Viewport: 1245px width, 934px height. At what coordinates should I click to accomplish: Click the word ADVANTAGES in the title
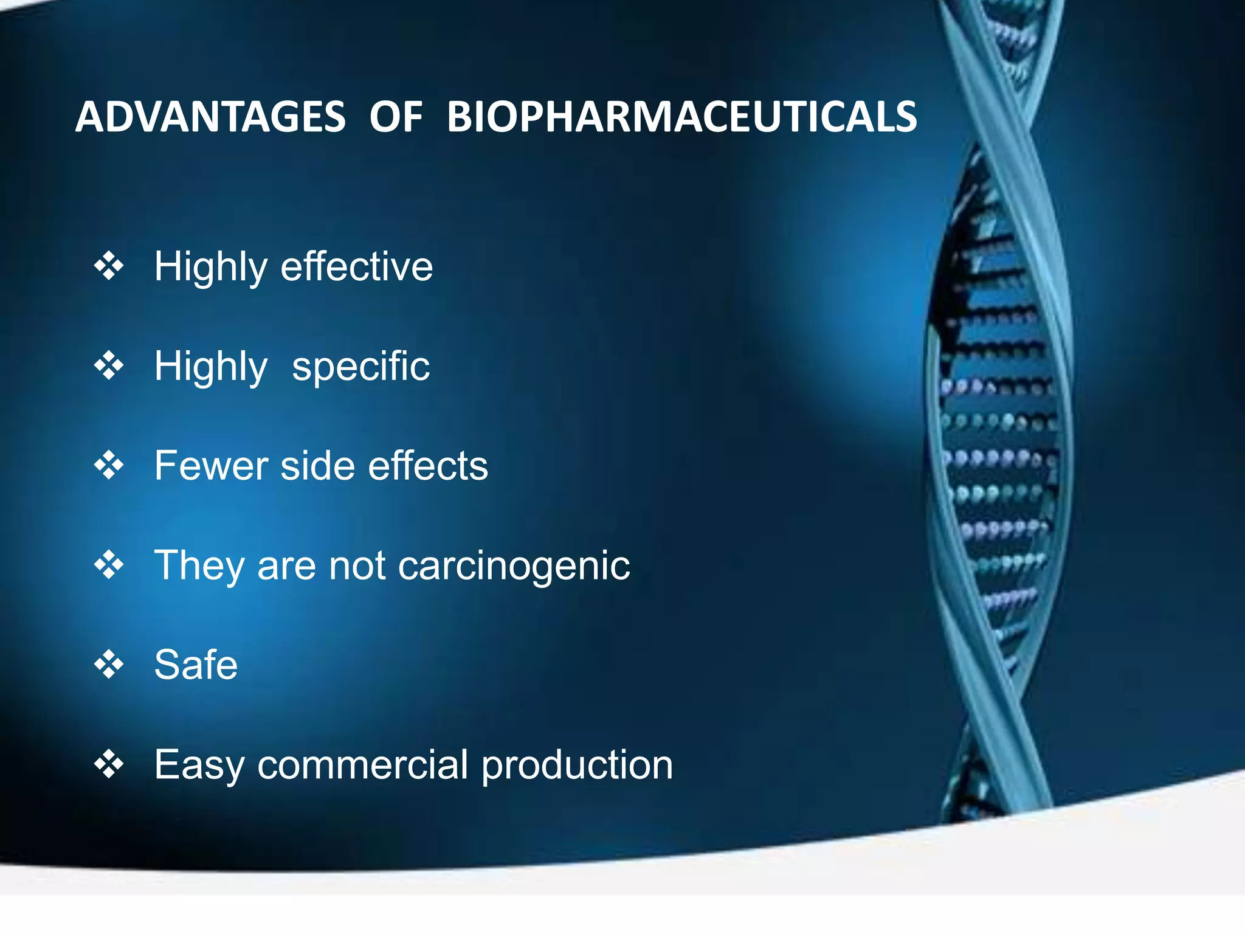(210, 117)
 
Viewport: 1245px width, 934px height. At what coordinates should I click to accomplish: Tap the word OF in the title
(396, 117)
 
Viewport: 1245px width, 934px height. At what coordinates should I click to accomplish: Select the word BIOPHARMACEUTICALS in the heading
(681, 117)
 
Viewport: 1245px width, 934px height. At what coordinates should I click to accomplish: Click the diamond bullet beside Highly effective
(109, 266)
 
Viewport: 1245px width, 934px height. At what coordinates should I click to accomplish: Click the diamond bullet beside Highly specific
(109, 366)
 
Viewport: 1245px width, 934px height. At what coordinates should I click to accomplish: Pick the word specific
(360, 367)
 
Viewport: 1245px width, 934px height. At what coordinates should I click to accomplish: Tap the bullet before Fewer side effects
(109, 466)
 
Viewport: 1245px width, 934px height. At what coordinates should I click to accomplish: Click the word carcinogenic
(514, 567)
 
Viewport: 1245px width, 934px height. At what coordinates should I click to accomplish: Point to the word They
(199, 566)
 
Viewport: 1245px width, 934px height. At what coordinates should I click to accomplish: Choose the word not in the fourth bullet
(357, 566)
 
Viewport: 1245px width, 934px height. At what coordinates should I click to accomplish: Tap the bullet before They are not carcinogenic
(109, 566)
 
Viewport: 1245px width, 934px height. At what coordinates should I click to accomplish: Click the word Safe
(196, 665)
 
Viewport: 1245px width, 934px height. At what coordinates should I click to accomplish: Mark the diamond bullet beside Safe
(109, 665)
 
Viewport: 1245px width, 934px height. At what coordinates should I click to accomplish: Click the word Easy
(199, 766)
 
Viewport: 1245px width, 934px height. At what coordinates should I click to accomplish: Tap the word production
(577, 766)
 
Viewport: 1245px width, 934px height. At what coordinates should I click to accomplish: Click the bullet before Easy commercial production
(109, 764)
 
